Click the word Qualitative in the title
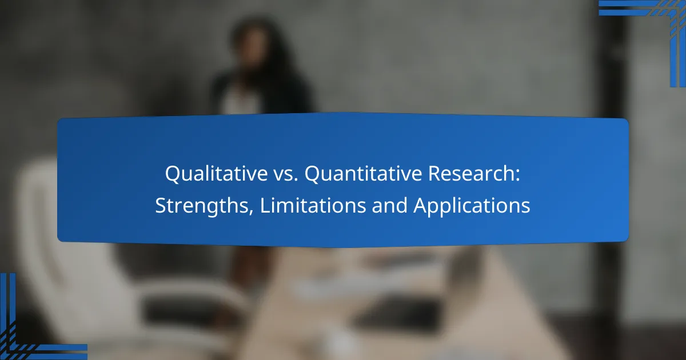217,174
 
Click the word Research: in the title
474,174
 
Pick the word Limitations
313,205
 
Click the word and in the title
389,205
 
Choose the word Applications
472,206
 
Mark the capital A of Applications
422,205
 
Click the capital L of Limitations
265,205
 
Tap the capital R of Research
434,174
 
